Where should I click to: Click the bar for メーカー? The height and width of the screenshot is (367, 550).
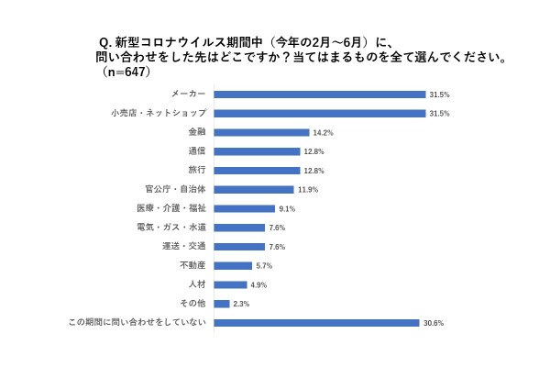coord(320,94)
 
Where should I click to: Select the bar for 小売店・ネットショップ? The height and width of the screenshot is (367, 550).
coord(320,113)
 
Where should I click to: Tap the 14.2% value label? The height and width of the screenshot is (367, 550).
coord(323,132)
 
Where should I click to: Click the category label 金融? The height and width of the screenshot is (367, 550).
coord(196,132)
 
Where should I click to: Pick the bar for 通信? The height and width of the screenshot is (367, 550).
coord(257,151)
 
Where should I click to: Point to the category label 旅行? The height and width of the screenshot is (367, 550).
coord(196,171)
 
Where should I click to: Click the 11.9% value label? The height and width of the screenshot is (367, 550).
coord(308,190)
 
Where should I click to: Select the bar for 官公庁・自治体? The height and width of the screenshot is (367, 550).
coord(254,190)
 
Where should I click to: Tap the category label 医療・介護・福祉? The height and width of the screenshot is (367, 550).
coord(177,208)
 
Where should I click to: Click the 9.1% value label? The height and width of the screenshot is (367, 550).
coord(288,208)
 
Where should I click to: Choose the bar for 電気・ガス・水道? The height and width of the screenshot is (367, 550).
coord(239,228)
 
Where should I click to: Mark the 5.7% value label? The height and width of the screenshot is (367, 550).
coord(264,266)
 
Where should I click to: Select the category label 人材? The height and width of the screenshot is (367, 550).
coord(196,284)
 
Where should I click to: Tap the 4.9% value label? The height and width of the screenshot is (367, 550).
coord(258,284)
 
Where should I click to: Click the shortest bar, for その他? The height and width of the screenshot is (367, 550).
coord(221,304)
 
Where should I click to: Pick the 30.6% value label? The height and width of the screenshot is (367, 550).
coord(433,323)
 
